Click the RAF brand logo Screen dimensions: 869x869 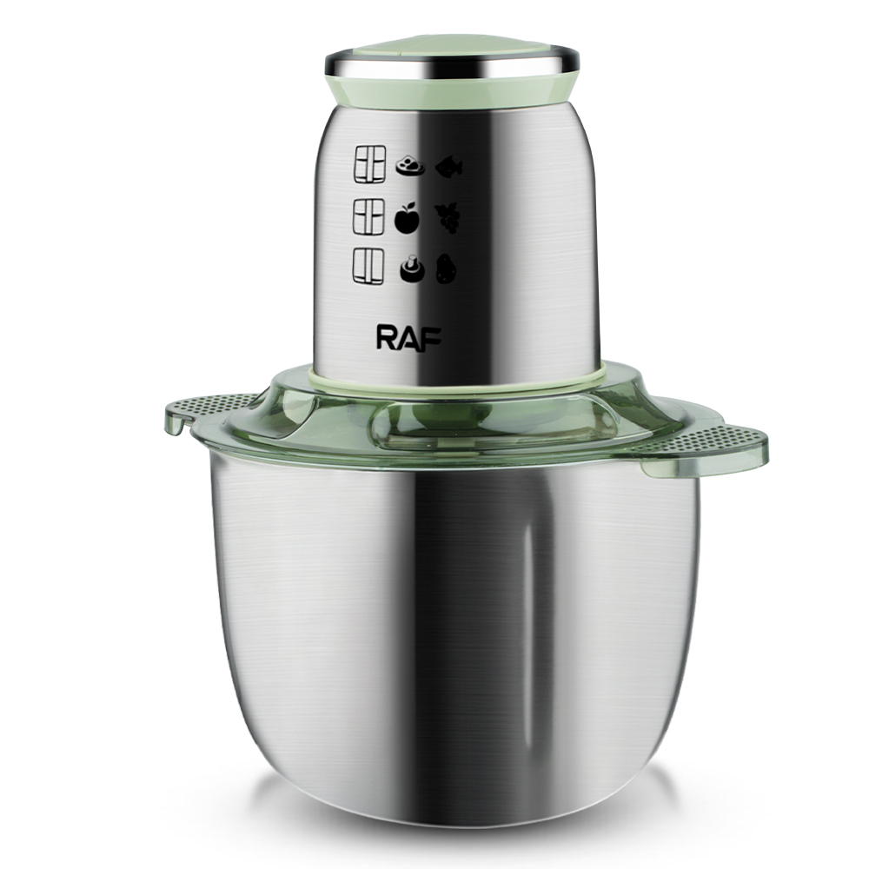click(408, 337)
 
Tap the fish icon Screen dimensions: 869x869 click(449, 167)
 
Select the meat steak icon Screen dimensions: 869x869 click(409, 165)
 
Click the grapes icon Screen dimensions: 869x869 click(448, 217)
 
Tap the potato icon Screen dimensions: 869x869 click(446, 269)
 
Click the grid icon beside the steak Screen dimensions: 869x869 click(369, 164)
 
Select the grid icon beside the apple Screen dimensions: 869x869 click(368, 216)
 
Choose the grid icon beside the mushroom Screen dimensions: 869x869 click(368, 267)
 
